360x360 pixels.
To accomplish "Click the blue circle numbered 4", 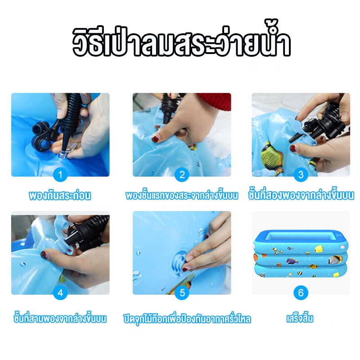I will tap(60, 293).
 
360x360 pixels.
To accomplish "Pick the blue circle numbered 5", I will tap(181, 293).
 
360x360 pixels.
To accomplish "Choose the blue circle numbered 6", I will tap(301, 293).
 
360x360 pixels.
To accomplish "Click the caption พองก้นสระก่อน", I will tap(60, 196).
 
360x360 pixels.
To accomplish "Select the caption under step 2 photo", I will tap(181, 196).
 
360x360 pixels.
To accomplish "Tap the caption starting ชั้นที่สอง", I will tap(301, 196).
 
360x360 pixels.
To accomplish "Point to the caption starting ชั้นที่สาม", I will tap(60, 319).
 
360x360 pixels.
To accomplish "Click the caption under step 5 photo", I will tap(187, 319).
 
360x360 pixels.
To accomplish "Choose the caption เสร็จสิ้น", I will tap(300, 319).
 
